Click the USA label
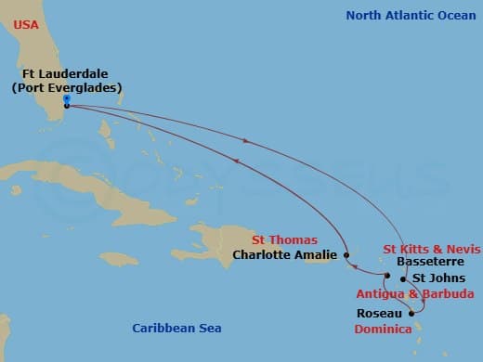tap(27, 24)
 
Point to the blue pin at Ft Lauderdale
tap(66, 99)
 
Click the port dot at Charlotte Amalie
tap(346, 254)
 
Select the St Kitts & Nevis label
tap(432, 249)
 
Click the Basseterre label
tap(426, 262)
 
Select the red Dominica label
tap(386, 329)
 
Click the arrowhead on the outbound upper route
tap(245, 141)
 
